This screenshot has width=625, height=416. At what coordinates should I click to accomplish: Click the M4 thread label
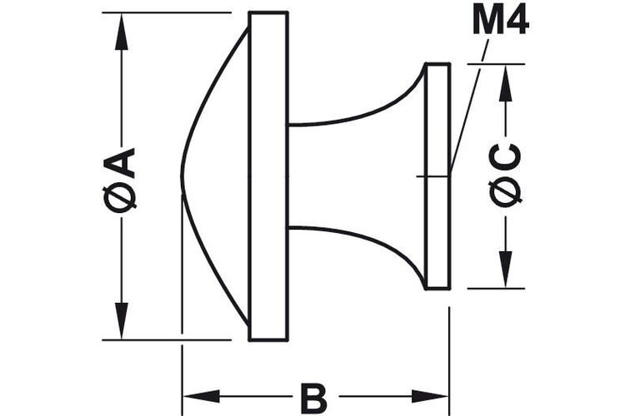click(501, 20)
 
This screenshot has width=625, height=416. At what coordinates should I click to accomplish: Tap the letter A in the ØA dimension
click(119, 163)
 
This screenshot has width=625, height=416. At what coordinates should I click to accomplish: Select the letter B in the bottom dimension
click(315, 399)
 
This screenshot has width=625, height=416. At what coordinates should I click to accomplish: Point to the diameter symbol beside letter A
click(119, 197)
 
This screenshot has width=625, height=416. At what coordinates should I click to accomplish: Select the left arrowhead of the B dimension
click(202, 397)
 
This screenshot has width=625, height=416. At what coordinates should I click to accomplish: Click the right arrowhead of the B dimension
click(430, 397)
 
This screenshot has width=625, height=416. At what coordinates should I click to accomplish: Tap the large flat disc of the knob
click(268, 176)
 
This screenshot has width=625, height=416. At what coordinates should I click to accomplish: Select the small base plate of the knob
click(437, 176)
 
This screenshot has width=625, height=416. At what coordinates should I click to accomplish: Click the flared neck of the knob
click(356, 176)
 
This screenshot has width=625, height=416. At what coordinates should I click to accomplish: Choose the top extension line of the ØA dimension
click(167, 12)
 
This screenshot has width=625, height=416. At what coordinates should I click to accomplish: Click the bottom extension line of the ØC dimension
click(496, 288)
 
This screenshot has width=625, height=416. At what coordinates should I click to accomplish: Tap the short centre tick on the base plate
click(433, 176)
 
